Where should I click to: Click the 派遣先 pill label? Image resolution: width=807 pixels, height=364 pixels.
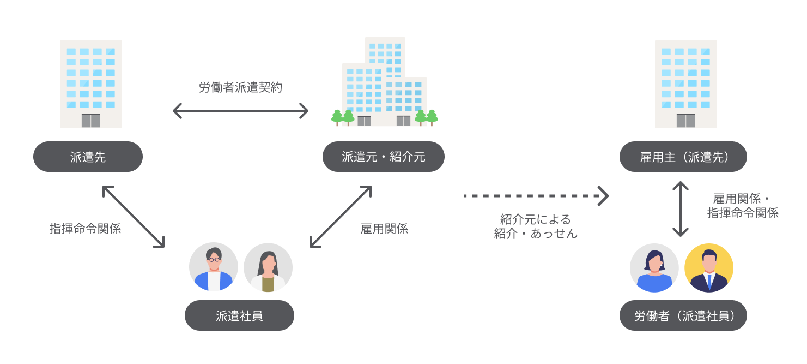coord(88,157)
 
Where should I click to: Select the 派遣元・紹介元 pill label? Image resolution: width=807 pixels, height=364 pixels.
coord(384,157)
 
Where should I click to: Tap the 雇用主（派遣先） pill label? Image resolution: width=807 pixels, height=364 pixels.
coord(683,157)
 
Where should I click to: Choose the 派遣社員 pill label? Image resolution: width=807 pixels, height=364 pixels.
coord(239,315)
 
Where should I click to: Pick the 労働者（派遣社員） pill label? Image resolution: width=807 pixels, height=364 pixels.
coord(683,315)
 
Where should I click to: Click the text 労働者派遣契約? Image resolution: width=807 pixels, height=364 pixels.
coord(240,87)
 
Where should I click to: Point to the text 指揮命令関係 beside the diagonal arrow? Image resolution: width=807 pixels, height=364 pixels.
coord(85,229)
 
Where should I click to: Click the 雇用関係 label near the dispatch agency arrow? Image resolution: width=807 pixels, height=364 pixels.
coord(384,229)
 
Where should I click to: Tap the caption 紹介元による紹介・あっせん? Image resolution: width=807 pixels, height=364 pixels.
coord(536,226)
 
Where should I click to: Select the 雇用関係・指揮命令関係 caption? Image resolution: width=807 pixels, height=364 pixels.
coord(743,206)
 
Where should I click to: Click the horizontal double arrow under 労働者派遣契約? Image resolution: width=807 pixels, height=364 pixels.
coord(240,111)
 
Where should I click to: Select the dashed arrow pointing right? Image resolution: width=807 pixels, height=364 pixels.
coord(536,195)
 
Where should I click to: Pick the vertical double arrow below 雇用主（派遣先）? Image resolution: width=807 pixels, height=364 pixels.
coord(681,209)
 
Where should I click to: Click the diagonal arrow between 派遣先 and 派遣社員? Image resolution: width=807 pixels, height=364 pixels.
coord(134,217)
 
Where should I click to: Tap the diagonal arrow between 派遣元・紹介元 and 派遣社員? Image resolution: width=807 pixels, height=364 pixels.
coord(341,217)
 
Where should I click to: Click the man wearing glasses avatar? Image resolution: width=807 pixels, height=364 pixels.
coord(214,267)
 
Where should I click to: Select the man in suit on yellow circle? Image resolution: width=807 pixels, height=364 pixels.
coord(709,268)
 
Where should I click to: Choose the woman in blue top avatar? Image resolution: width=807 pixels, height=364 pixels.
coord(654,268)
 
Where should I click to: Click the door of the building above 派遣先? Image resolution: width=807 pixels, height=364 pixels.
coord(91,121)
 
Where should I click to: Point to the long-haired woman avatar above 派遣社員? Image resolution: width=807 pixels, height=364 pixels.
coord(268,267)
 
